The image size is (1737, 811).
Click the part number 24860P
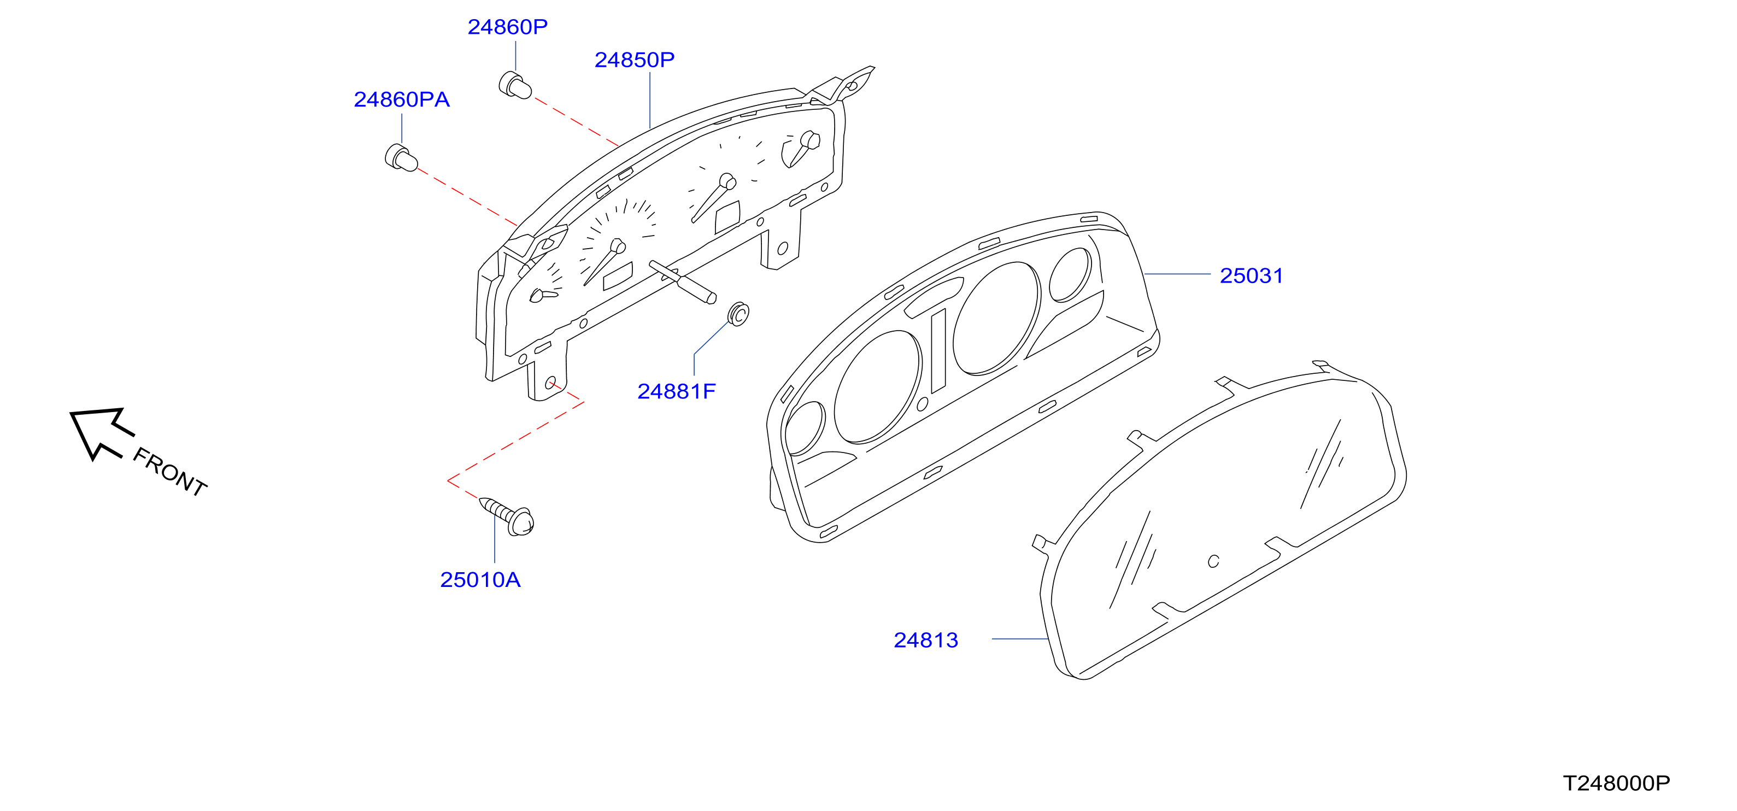[x=508, y=27]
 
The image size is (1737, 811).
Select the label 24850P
[x=635, y=60]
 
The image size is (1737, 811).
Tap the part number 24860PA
[x=402, y=100]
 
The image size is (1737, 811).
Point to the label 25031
[x=1252, y=276]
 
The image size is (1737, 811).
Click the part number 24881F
[x=676, y=392]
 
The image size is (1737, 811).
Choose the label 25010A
[x=480, y=580]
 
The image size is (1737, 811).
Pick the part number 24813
[x=926, y=640]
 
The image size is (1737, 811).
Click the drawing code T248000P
[x=1616, y=783]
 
